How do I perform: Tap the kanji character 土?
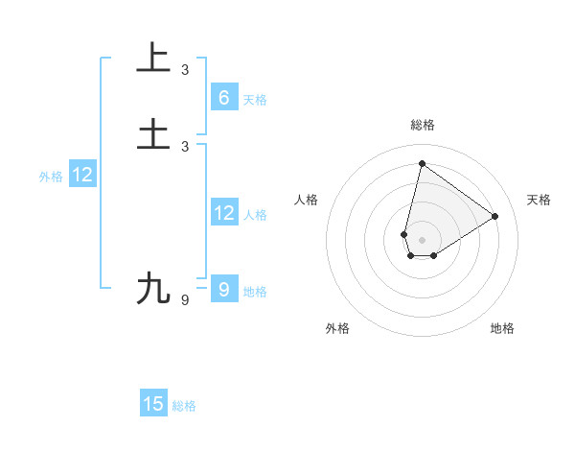tap(153, 133)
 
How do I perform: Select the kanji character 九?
tap(153, 288)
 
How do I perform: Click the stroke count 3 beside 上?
tap(185, 70)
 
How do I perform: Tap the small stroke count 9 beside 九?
tap(185, 300)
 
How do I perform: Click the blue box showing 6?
tap(223, 98)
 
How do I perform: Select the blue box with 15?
tap(153, 404)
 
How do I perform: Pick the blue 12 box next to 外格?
tap(82, 175)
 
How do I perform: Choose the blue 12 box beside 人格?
tap(223, 213)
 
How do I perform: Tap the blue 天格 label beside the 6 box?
tap(255, 100)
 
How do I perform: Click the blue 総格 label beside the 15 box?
tap(185, 406)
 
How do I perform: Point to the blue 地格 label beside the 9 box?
tap(255, 292)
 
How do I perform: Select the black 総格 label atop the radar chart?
tap(422, 126)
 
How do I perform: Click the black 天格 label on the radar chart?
tap(539, 200)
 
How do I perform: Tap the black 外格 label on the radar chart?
tap(337, 329)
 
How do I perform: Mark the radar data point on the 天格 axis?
tap(495, 216)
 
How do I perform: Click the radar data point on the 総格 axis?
tap(422, 163)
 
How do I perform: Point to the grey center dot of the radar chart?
tap(422, 240)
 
